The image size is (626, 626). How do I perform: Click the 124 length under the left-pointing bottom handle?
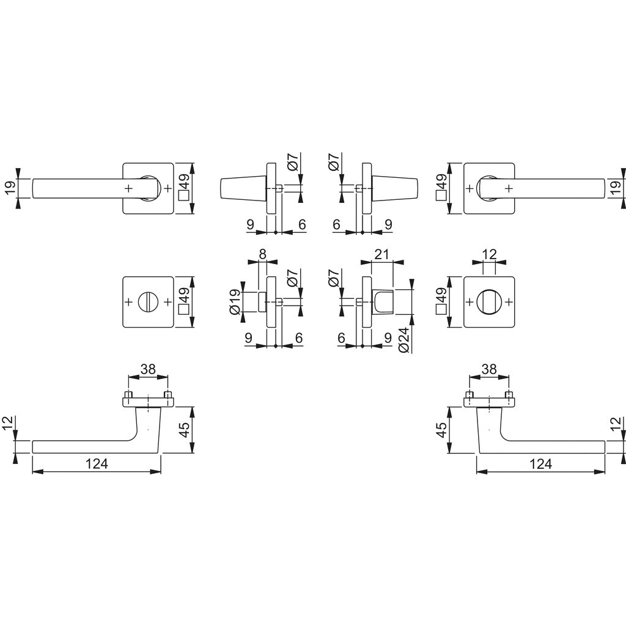pos(97,464)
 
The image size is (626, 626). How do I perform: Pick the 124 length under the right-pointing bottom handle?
pos(540,464)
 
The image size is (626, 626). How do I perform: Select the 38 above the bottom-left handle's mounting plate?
pos(147,369)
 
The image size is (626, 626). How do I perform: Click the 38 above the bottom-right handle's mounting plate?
pos(488,369)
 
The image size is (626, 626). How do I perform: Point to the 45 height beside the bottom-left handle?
pos(183,429)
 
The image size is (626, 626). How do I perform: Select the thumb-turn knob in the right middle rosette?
pos(488,301)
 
